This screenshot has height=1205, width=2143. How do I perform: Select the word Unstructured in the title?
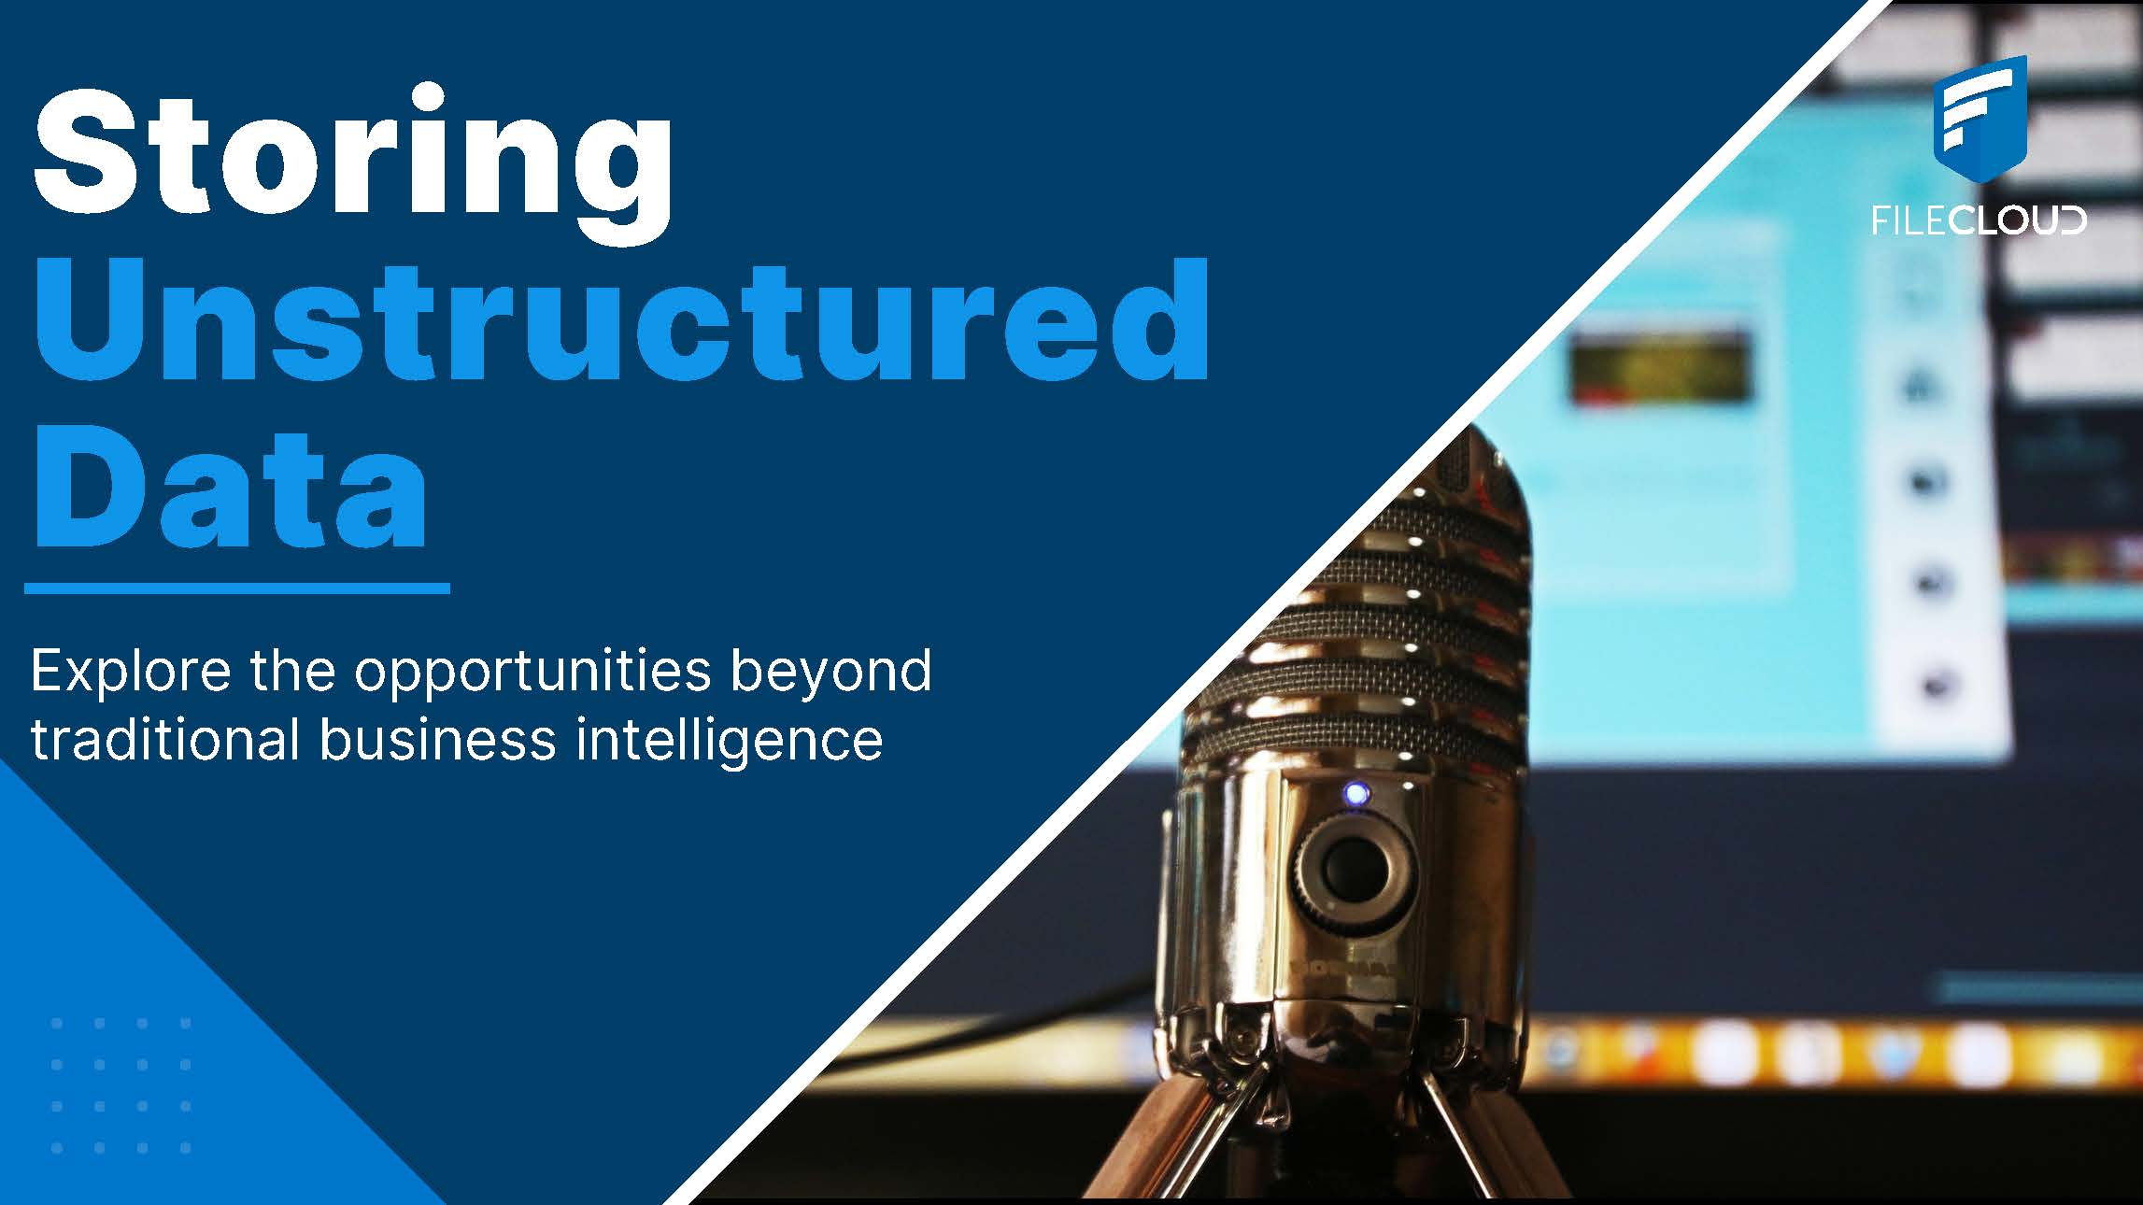(622, 320)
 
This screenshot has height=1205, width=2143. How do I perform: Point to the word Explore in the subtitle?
(131, 673)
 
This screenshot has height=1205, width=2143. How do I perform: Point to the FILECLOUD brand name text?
(1979, 220)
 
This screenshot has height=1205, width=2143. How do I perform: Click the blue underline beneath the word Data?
(237, 588)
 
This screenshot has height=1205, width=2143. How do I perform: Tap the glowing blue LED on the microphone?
(1355, 795)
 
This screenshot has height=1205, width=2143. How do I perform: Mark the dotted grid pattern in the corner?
(121, 1085)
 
